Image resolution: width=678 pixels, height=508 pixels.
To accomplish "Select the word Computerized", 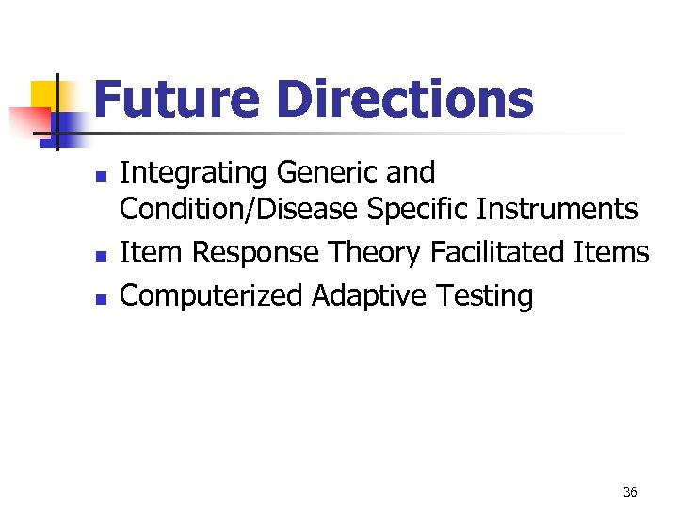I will tap(213, 296).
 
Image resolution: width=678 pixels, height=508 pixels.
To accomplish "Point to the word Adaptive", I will tap(370, 296).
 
